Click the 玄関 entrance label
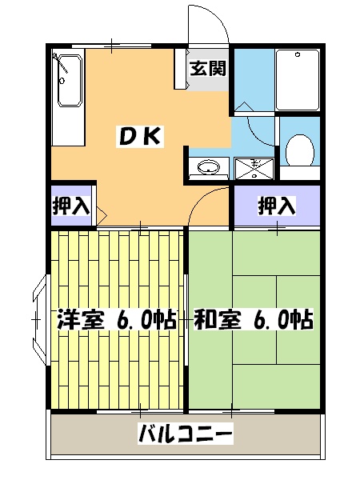click(207, 68)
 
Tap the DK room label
click(141, 137)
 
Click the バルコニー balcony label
click(186, 435)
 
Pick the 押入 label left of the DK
click(70, 206)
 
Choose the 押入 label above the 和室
click(276, 206)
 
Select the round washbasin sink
click(208, 168)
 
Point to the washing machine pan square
click(254, 168)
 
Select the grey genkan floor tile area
click(207, 80)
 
